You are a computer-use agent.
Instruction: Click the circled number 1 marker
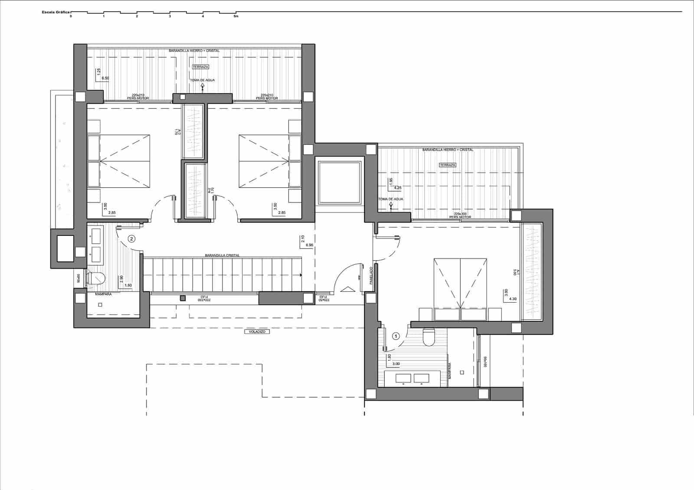(x=395, y=335)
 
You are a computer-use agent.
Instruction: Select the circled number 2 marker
(x=132, y=238)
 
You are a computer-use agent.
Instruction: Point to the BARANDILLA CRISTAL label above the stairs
(x=223, y=255)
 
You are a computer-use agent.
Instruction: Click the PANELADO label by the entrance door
(x=371, y=275)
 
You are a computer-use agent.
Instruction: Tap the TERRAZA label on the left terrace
(x=200, y=67)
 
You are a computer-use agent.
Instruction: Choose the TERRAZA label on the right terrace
(x=447, y=165)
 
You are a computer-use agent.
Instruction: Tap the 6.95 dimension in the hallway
(x=309, y=245)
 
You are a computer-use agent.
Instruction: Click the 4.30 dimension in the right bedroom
(x=513, y=298)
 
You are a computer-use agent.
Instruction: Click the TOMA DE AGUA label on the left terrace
(x=202, y=80)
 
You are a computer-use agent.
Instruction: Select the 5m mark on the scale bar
(x=236, y=16)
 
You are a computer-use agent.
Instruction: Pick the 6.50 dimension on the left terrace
(x=105, y=78)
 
